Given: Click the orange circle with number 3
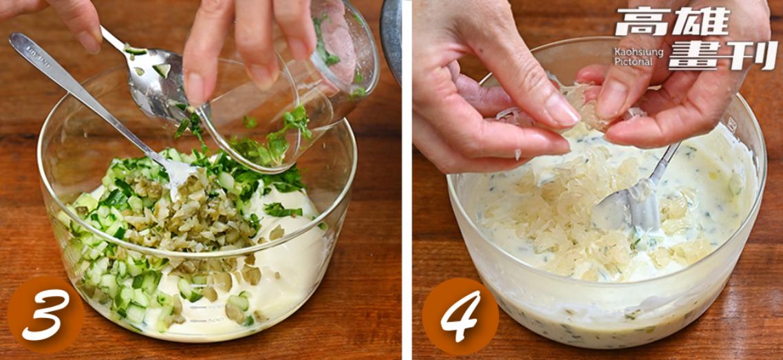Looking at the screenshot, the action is click(x=45, y=315).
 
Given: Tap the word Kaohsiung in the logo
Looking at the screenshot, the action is click(x=639, y=52).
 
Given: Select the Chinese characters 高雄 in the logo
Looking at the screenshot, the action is click(x=672, y=22).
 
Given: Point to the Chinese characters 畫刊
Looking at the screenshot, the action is click(x=723, y=55).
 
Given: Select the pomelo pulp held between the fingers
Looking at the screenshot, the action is click(x=575, y=107).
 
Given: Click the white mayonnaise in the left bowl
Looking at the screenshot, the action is click(x=290, y=260).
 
